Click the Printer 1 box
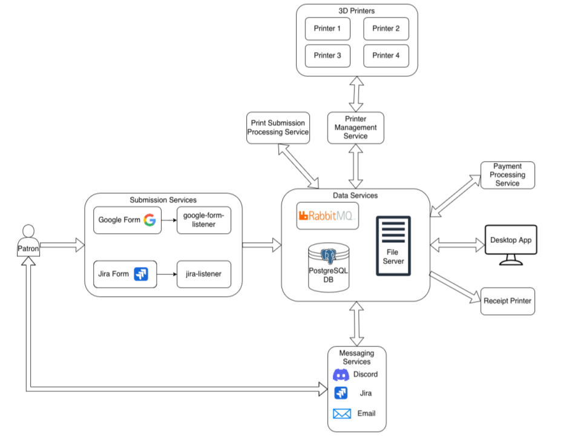pyautogui.click(x=327, y=28)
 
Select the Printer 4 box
pyautogui.click(x=386, y=55)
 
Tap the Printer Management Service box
pyautogui.click(x=356, y=128)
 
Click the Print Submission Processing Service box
pyautogui.click(x=278, y=128)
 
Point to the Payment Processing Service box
pyautogui.click(x=507, y=175)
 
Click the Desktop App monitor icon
pyautogui.click(x=511, y=244)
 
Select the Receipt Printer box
pyautogui.click(x=508, y=301)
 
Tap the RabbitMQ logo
pyautogui.click(x=327, y=216)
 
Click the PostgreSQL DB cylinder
pyautogui.click(x=329, y=266)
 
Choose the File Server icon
pyautogui.click(x=393, y=245)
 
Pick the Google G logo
pyautogui.click(x=149, y=220)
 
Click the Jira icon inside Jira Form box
pyautogui.click(x=141, y=274)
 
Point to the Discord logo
pyautogui.click(x=341, y=375)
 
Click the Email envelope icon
pyautogui.click(x=342, y=414)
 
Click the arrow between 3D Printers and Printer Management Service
pyautogui.click(x=356, y=94)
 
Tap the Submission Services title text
pyautogui.click(x=163, y=200)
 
